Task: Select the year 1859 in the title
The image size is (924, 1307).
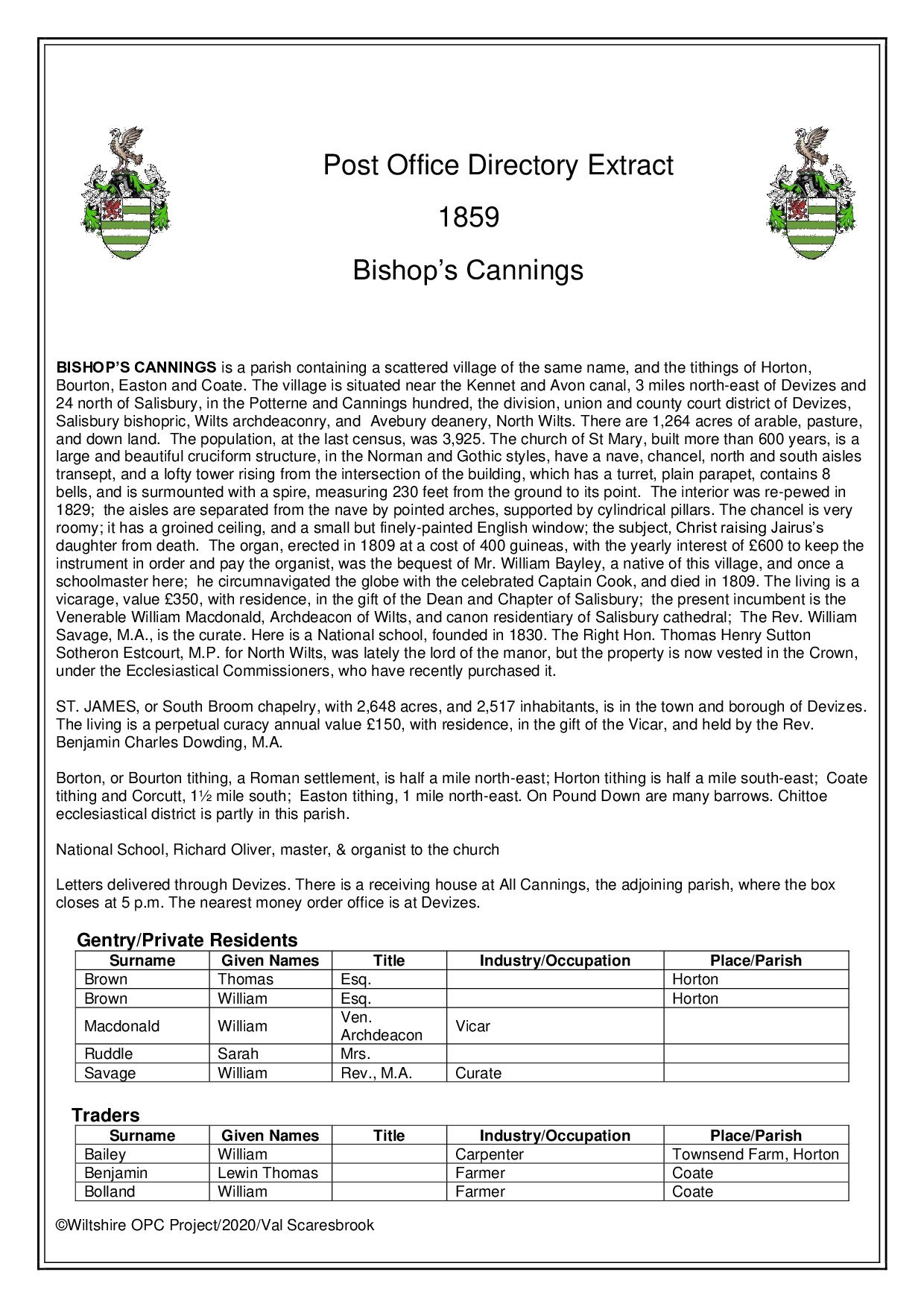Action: [x=468, y=218]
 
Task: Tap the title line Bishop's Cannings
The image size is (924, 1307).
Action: [x=468, y=270]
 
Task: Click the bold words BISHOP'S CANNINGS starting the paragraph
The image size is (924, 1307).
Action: [x=136, y=367]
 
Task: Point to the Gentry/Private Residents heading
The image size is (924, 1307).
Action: [x=187, y=940]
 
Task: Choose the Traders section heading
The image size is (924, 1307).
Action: [x=106, y=1115]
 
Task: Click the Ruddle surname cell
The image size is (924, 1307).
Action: [x=109, y=1054]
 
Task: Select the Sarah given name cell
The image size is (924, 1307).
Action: [x=238, y=1054]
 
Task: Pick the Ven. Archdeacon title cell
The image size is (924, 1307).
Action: [x=381, y=1026]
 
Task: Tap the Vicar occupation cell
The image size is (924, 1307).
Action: [x=473, y=1026]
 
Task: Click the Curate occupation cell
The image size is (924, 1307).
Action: [x=478, y=1073]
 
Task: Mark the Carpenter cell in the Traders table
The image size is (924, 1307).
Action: [x=490, y=1154]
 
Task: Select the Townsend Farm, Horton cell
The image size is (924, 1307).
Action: [x=755, y=1154]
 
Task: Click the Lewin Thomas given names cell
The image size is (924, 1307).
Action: [x=268, y=1173]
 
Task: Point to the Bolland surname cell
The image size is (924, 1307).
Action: [x=110, y=1192]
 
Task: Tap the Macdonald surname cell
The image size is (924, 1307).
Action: [x=121, y=1026]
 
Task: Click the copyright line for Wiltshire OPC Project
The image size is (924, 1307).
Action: [x=215, y=1225]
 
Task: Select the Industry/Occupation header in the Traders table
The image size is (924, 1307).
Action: [x=554, y=1136]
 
